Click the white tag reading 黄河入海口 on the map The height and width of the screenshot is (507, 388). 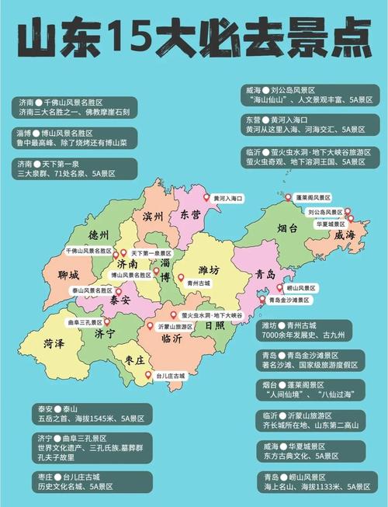(227, 199)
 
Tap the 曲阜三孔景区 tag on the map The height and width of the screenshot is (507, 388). (83, 321)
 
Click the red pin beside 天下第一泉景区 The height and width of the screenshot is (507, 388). (124, 253)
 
